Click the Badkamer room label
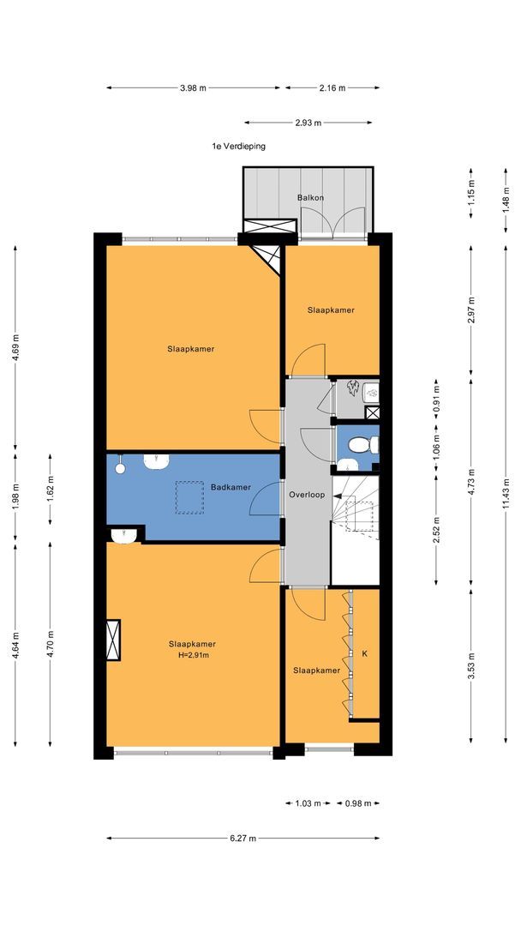pos(231,487)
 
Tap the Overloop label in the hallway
pos(307,495)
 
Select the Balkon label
pos(310,198)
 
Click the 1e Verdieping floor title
pos(239,147)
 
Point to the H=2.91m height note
pos(192,654)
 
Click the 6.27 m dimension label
pos(243,838)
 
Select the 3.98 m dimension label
pos(194,88)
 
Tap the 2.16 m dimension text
pos(332,88)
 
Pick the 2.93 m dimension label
pos(308,123)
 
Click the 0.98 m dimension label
pos(359,803)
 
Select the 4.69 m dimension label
pos(15,347)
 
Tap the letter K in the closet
pos(365,653)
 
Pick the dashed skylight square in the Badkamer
pos(189,497)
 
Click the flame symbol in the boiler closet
pos(353,388)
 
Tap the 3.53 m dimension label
pos(470,665)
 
